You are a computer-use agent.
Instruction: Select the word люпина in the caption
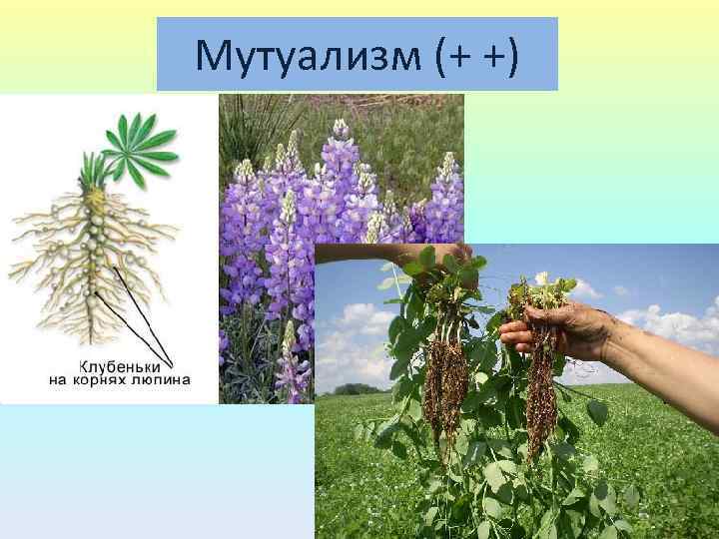click(x=168, y=379)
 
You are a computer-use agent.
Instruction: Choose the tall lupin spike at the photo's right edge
click(x=445, y=200)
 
